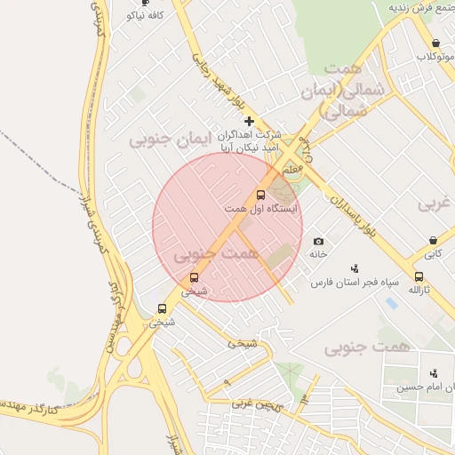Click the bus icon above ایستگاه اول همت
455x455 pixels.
260,195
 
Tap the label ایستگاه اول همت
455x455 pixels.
261,208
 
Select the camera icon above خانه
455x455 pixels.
319,242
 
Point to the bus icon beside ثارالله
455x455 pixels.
419,276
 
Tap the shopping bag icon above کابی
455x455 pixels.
433,240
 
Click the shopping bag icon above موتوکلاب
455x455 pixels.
435,43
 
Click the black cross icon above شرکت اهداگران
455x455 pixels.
249,121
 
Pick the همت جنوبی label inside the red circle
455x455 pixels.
215,254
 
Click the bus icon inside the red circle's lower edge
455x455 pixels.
194,278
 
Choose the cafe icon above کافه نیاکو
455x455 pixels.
146,3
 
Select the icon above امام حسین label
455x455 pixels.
434,373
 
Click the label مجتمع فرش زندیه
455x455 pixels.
422,7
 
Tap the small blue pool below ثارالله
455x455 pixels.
392,304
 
